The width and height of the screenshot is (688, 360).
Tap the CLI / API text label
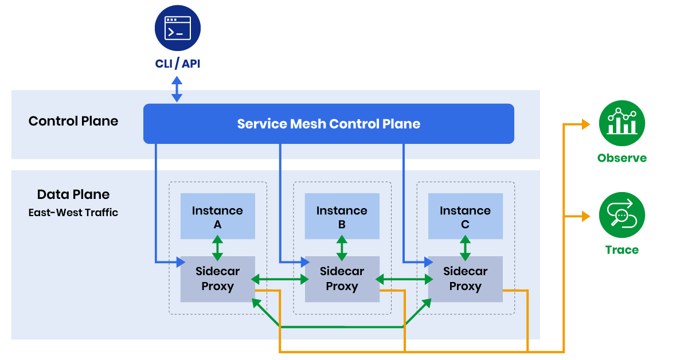[178, 63]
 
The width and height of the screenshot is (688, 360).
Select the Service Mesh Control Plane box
[329, 124]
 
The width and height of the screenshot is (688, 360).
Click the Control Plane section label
[73, 121]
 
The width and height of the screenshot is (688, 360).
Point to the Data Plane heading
[73, 194]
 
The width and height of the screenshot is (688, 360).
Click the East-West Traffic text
[73, 213]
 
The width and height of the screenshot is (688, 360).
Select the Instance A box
[217, 216]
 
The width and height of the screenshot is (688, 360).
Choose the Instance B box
[342, 216]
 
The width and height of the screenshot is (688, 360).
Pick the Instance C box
[465, 216]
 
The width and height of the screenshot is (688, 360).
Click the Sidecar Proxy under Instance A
[217, 279]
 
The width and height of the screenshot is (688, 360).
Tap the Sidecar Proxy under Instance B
[342, 279]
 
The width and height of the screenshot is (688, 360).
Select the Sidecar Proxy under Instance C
[465, 279]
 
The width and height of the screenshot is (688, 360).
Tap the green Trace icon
[621, 216]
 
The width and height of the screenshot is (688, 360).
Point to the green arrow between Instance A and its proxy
[217, 248]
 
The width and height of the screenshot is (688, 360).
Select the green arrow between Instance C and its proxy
[465, 248]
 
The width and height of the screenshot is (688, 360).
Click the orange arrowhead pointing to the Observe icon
[585, 124]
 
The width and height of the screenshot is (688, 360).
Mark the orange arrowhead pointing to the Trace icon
[585, 217]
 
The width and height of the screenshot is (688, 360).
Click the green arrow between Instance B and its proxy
[342, 248]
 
